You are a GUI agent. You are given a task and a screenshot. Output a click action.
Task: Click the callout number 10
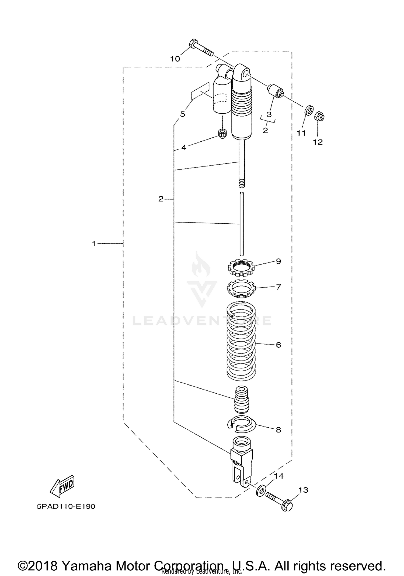tap(175, 59)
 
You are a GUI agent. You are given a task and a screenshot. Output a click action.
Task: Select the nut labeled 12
tap(319, 117)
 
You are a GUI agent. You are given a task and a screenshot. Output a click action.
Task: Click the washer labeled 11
tap(309, 110)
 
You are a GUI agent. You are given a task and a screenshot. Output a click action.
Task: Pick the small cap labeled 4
tap(222, 133)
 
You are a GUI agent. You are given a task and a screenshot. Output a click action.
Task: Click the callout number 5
tap(183, 114)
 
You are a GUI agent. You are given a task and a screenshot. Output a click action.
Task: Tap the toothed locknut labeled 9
tap(241, 267)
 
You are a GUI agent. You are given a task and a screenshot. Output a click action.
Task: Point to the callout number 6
tap(278, 345)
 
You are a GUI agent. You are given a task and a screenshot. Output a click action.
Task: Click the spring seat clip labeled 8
tap(241, 424)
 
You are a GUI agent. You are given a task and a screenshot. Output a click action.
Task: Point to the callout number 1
tap(94, 244)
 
